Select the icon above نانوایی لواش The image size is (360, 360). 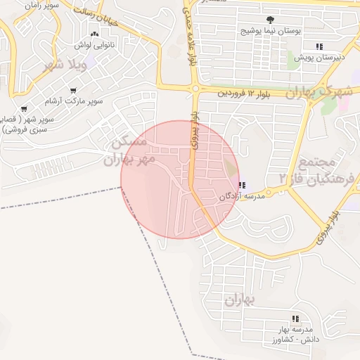[94, 34]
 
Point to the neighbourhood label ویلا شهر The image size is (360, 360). [65, 66]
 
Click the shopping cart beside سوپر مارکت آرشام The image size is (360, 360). [73, 89]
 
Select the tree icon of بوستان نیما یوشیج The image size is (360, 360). [271, 20]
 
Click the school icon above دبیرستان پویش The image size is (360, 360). [319, 46]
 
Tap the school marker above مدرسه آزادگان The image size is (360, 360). [243, 186]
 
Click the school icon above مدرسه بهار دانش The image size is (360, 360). [294, 319]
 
